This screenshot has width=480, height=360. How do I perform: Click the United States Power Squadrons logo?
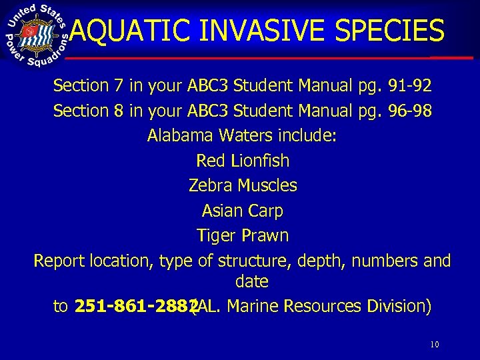click(37, 35)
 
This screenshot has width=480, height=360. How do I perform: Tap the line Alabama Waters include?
click(242, 136)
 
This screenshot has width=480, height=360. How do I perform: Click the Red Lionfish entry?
click(243, 161)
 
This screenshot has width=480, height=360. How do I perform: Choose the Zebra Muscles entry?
click(243, 185)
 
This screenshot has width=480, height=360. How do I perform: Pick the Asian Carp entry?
click(243, 211)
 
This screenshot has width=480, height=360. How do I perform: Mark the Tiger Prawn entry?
click(243, 235)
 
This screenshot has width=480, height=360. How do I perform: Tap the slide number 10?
click(434, 345)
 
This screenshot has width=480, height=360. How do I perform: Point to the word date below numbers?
click(251, 282)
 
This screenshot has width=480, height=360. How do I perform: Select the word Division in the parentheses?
click(397, 306)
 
